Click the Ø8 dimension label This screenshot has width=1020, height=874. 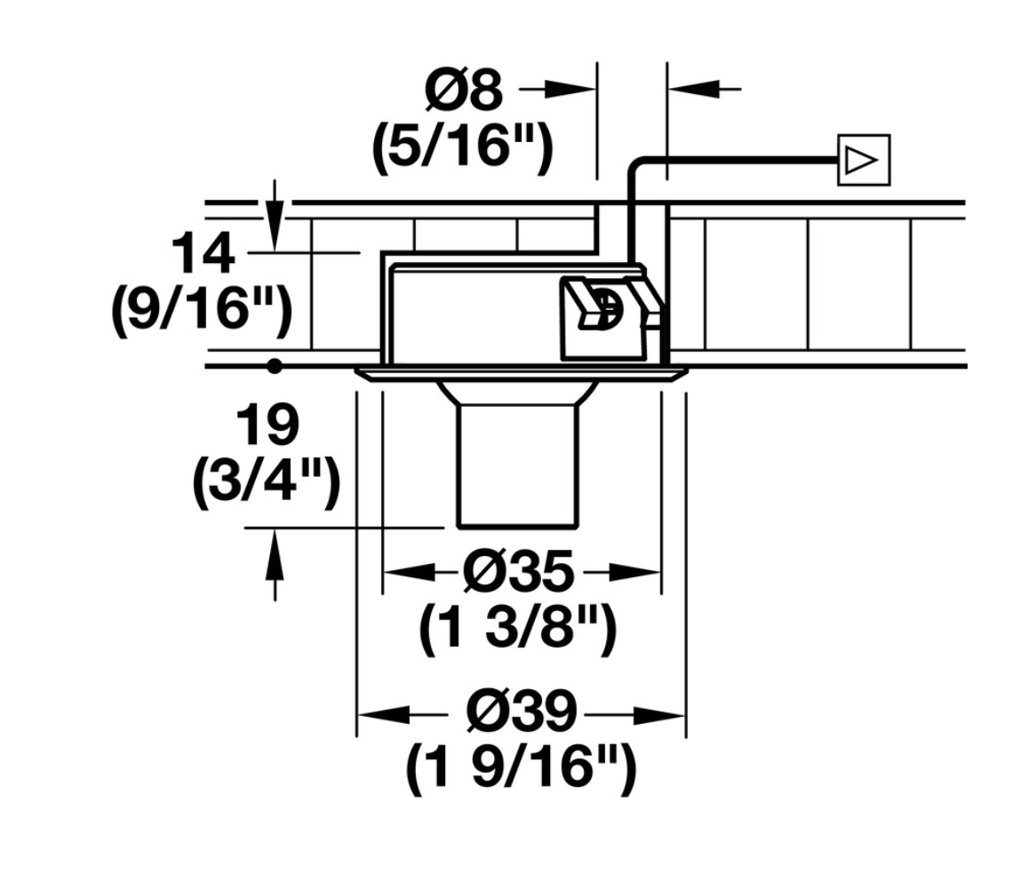coord(464,90)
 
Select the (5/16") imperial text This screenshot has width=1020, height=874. coord(463,148)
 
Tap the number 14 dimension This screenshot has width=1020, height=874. coord(203,254)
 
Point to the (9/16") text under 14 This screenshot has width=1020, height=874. coord(202,311)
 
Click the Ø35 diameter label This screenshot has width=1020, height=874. coord(520,572)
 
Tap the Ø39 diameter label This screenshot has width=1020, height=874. coord(522,712)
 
